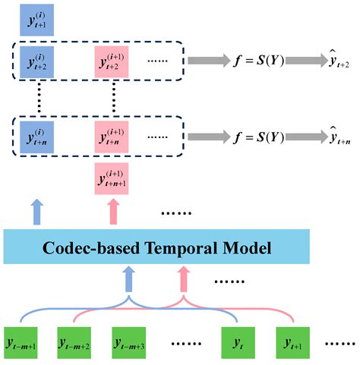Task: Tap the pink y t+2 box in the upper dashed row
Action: click(112, 59)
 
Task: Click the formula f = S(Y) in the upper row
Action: click(259, 59)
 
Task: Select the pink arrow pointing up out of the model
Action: click(112, 209)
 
